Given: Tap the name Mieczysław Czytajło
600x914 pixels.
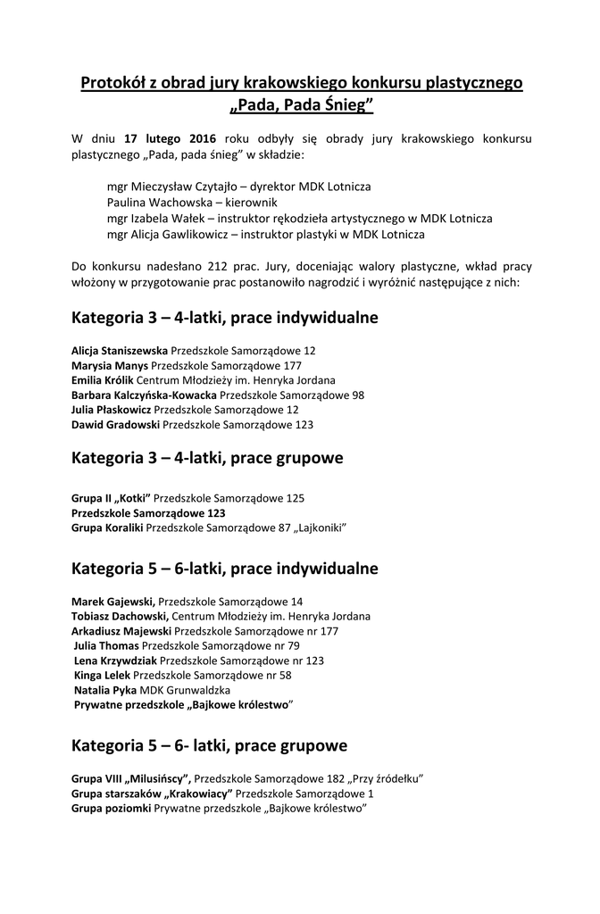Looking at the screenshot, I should tap(187, 187).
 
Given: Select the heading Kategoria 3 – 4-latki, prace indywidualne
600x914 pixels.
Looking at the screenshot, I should tap(225, 318).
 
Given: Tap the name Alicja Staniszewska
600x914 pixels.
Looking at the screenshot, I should tap(120, 351).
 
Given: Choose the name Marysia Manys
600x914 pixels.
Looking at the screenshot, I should tap(110, 365).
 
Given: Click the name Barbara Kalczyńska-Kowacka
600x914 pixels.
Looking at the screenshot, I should tap(144, 395).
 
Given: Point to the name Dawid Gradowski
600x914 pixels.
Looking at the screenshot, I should tap(116, 425).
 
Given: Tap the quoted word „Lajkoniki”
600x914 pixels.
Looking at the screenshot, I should tap(319, 528).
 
